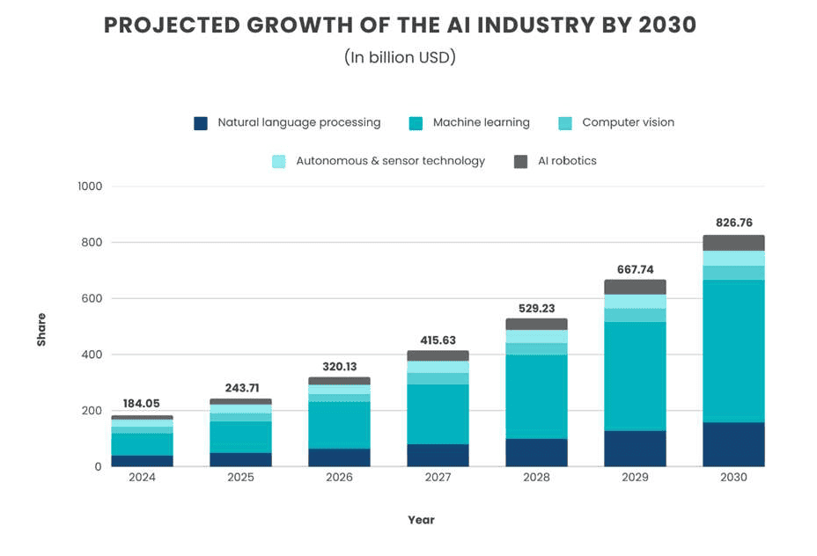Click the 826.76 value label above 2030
(733, 223)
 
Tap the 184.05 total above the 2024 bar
(141, 403)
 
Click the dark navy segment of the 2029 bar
(635, 448)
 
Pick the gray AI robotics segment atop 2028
(536, 324)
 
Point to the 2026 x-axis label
(339, 478)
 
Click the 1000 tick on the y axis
(90, 187)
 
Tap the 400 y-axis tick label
(92, 355)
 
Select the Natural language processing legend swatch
(201, 123)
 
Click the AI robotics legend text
(567, 161)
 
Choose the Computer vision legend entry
(628, 123)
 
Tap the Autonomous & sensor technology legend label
(390, 161)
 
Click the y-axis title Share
(41, 329)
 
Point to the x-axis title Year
(421, 520)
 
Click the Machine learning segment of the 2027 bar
(438, 413)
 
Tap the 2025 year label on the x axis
(240, 478)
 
